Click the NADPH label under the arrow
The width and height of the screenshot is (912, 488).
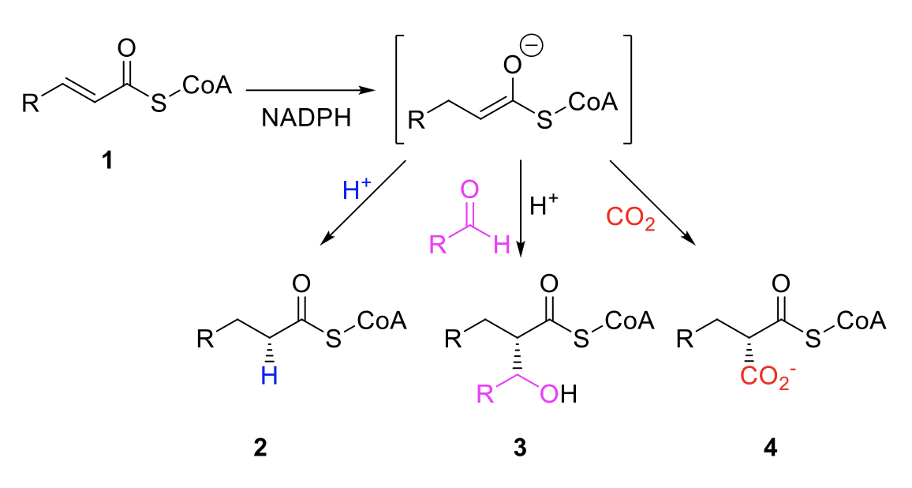coord(306,118)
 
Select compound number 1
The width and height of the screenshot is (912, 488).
coord(107,159)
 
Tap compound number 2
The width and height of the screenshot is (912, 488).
coord(260,447)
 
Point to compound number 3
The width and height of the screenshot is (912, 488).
coord(519,447)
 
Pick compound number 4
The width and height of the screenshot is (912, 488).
coord(769,447)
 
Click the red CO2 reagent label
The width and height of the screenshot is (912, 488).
coord(630,219)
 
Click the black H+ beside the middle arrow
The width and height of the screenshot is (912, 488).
coord(544,205)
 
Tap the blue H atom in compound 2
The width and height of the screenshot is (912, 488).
coord(269,376)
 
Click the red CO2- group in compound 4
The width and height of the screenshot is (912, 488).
coord(767,377)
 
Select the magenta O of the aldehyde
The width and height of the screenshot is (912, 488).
coord(469,190)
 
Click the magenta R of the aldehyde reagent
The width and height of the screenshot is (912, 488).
coord(438,245)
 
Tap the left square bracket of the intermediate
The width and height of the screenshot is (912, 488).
coord(398,89)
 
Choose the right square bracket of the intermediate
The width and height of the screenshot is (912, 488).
coord(627,89)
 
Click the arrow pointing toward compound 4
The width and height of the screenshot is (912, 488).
coord(652,201)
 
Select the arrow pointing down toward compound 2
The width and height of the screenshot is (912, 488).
coord(363,202)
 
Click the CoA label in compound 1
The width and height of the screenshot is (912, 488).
coord(207,85)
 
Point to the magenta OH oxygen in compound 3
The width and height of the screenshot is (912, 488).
coord(549,394)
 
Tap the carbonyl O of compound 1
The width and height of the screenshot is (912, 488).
coord(126,48)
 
